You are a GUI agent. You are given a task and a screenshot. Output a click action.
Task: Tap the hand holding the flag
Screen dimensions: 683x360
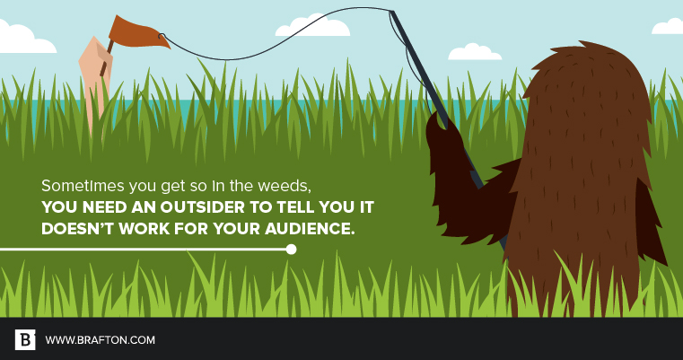click(96, 75)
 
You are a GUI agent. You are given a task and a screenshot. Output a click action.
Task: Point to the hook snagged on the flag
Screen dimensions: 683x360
click(162, 36)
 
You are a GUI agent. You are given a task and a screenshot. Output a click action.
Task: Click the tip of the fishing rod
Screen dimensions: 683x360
click(391, 12)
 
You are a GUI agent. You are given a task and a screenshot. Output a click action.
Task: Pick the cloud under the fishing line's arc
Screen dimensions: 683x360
click(312, 26)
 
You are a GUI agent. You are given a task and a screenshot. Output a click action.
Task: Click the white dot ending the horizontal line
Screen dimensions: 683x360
click(291, 250)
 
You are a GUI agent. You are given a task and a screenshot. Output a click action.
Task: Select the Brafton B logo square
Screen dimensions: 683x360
click(25, 339)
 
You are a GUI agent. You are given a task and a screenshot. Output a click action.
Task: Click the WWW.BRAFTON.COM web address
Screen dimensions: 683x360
click(101, 340)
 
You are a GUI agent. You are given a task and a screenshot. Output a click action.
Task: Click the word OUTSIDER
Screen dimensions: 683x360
click(202, 207)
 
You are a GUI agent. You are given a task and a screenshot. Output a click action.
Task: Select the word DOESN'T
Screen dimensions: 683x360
click(78, 228)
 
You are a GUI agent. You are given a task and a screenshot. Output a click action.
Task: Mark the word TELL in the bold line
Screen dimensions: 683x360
click(293, 207)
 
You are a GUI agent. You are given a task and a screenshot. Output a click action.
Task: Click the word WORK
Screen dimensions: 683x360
click(144, 228)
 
